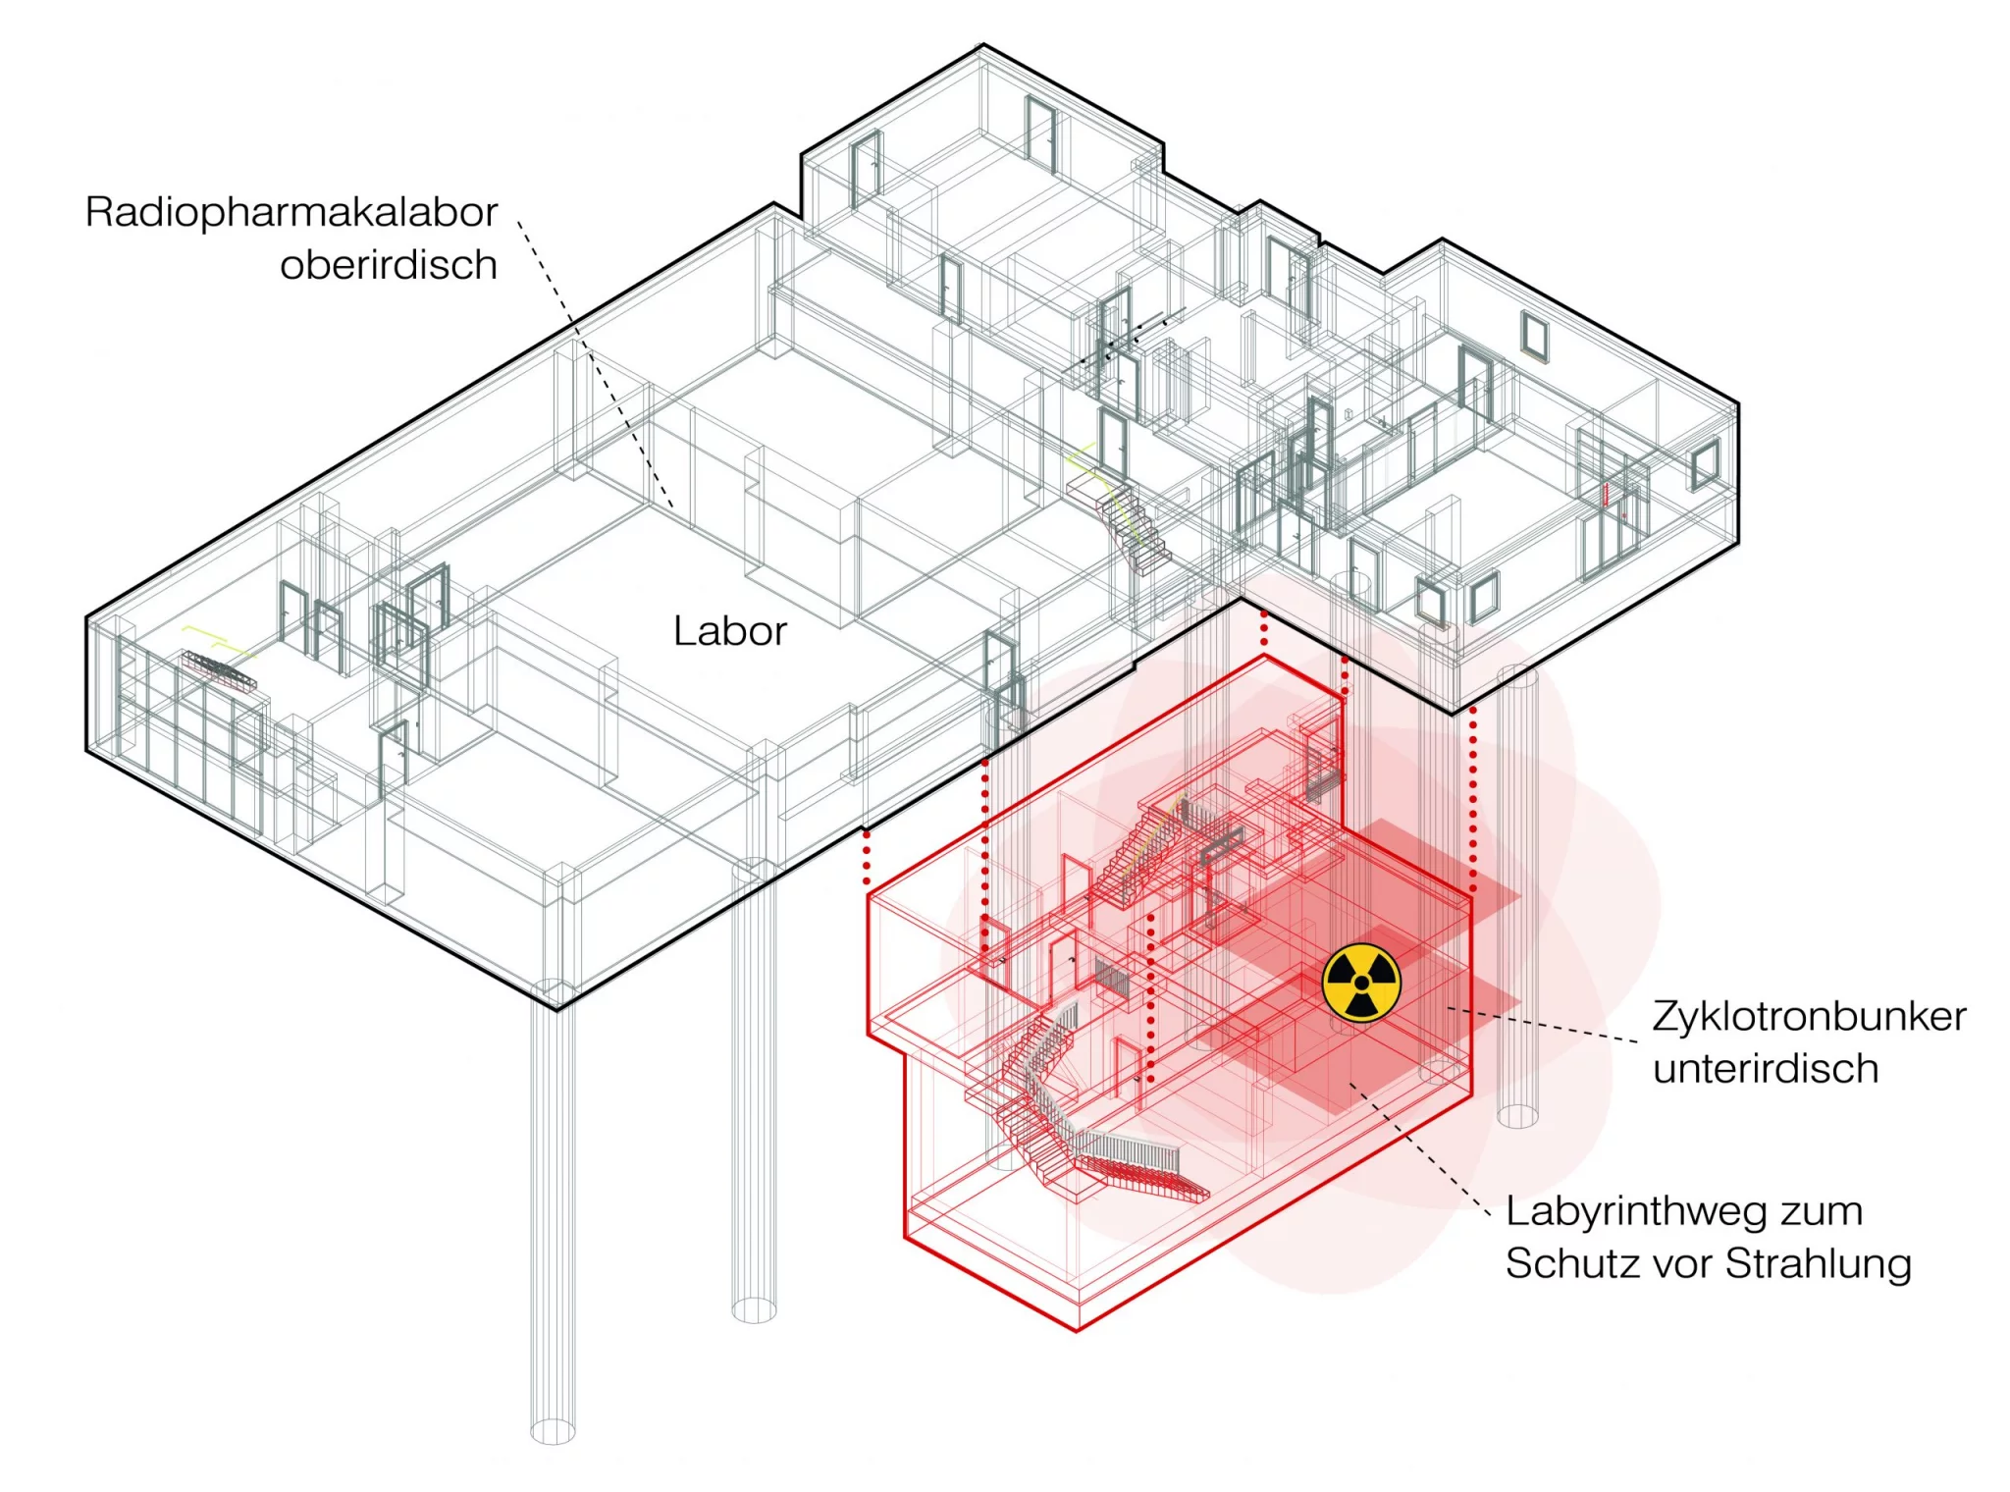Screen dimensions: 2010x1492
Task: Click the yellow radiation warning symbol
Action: point(1361,983)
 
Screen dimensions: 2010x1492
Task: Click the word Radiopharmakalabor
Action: point(291,212)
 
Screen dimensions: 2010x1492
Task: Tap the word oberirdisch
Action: point(389,265)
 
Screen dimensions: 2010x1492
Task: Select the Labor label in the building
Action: point(730,631)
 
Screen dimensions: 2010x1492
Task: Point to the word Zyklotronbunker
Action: point(1809,1017)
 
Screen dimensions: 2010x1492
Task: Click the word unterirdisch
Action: point(1766,1069)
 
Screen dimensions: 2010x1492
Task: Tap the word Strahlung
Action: point(1819,1264)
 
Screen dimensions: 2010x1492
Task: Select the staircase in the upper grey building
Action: point(1129,520)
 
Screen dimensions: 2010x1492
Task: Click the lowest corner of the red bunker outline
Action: point(1077,1331)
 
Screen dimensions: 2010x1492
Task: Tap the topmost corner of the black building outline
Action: point(982,45)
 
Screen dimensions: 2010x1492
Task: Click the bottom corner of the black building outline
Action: point(557,1009)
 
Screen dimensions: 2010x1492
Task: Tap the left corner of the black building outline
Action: point(87,619)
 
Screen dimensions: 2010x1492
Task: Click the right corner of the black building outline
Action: point(1738,402)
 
